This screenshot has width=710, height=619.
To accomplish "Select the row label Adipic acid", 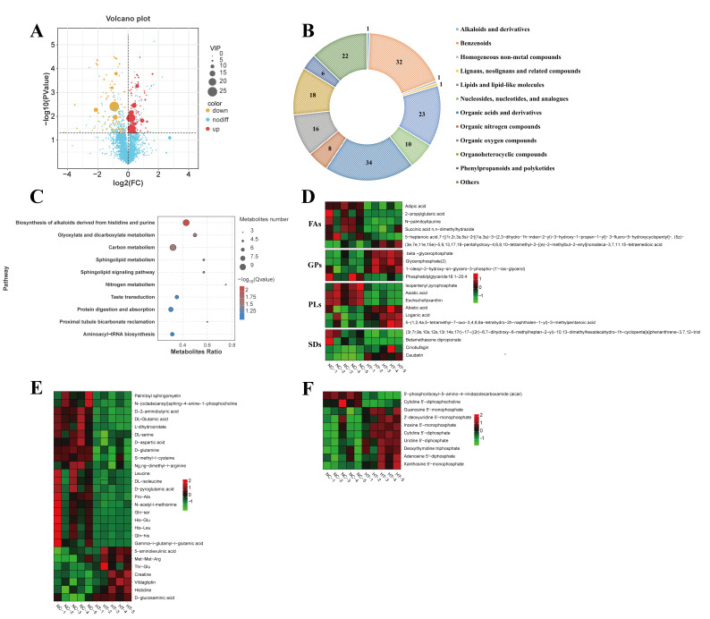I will tap(417, 205).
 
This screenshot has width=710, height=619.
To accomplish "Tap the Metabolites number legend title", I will tap(265, 219).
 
